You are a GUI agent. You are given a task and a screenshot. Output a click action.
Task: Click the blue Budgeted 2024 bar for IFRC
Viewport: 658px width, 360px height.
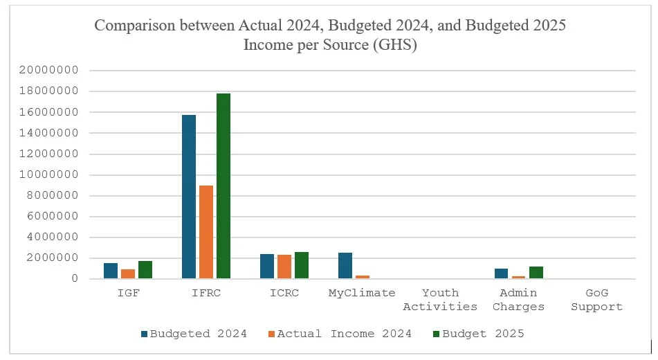188,197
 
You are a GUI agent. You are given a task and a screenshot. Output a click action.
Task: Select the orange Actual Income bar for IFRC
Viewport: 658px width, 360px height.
206,232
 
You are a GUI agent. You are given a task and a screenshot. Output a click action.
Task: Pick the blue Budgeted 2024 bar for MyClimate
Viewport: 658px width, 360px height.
345,266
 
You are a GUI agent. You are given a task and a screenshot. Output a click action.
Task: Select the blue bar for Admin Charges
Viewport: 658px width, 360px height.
502,273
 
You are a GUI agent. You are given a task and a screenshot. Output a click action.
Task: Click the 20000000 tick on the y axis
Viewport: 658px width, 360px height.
48,71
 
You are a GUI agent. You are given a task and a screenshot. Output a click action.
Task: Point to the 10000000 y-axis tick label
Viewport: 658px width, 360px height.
48,174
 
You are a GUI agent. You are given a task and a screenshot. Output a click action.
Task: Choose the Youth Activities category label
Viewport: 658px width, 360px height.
440,300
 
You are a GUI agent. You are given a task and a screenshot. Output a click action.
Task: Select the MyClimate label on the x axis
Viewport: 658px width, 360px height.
362,294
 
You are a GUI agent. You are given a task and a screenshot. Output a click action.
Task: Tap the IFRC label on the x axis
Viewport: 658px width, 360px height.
206,294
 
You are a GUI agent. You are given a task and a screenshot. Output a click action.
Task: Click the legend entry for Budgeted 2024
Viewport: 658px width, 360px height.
194,334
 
